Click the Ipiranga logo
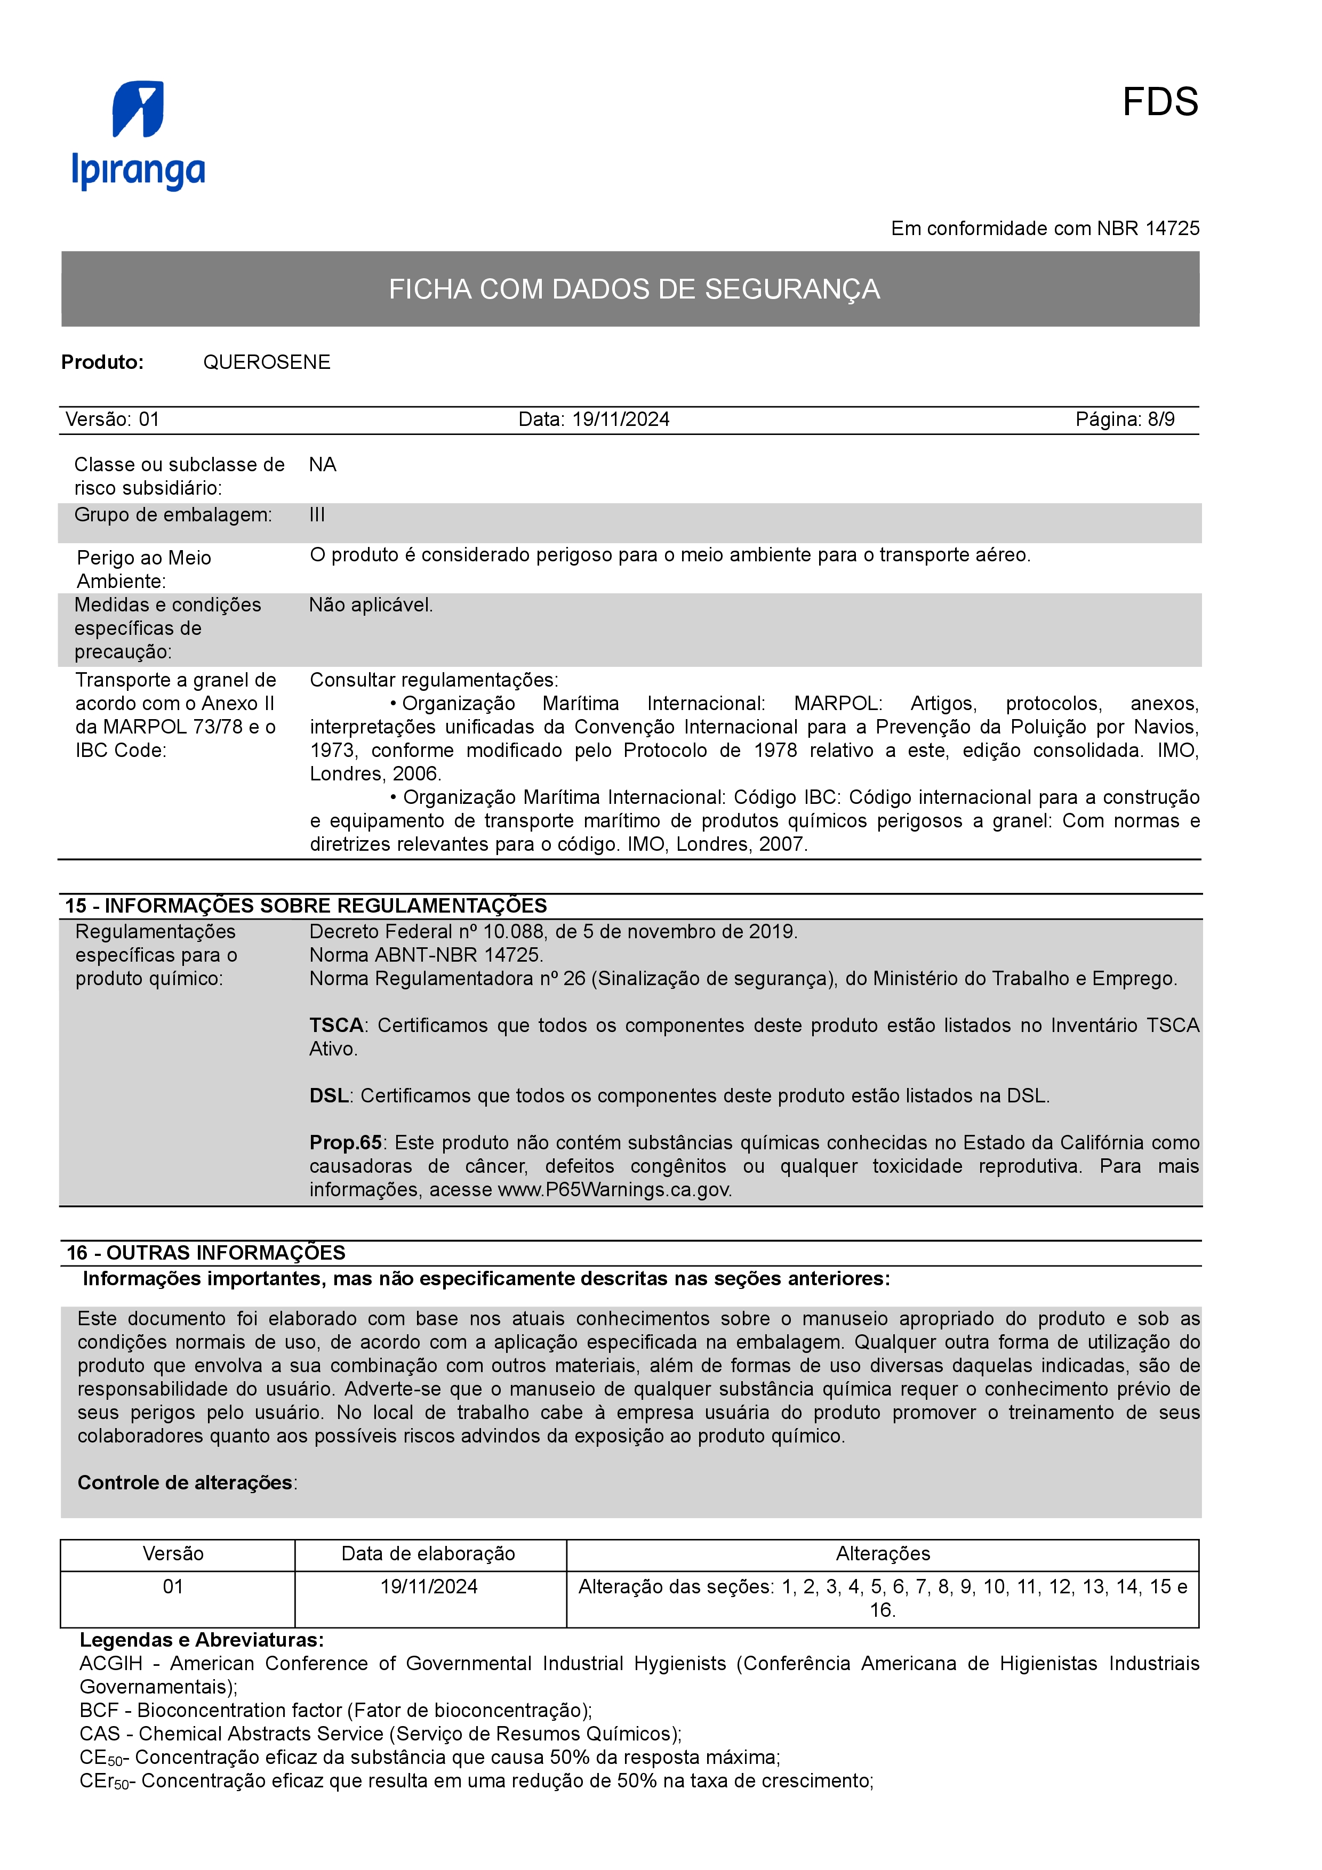139,135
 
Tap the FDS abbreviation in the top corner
1159,103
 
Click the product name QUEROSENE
266,362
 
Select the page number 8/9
1161,420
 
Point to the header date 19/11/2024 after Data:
621,420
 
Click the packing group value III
317,515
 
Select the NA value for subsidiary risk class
323,464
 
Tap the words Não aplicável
371,605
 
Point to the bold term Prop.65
346,1143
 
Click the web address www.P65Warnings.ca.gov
614,1190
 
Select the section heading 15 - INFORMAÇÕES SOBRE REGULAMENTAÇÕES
306,906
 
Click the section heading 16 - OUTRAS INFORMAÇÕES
205,1253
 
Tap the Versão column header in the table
173,1554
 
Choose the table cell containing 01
173,1586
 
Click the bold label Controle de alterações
185,1482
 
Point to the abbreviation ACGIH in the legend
111,1663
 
